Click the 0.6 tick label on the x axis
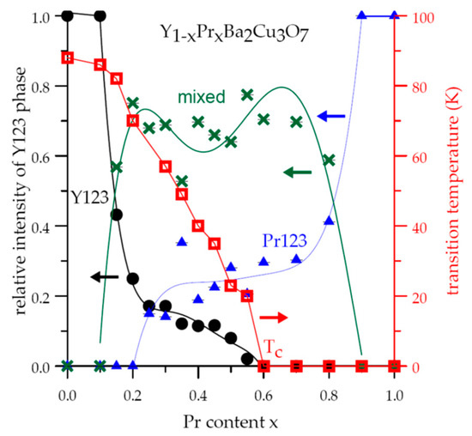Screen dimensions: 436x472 point(263,387)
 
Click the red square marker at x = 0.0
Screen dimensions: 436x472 point(67,58)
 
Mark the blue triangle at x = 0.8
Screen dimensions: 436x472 point(329,221)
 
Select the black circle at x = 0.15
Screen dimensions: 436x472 point(116,215)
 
